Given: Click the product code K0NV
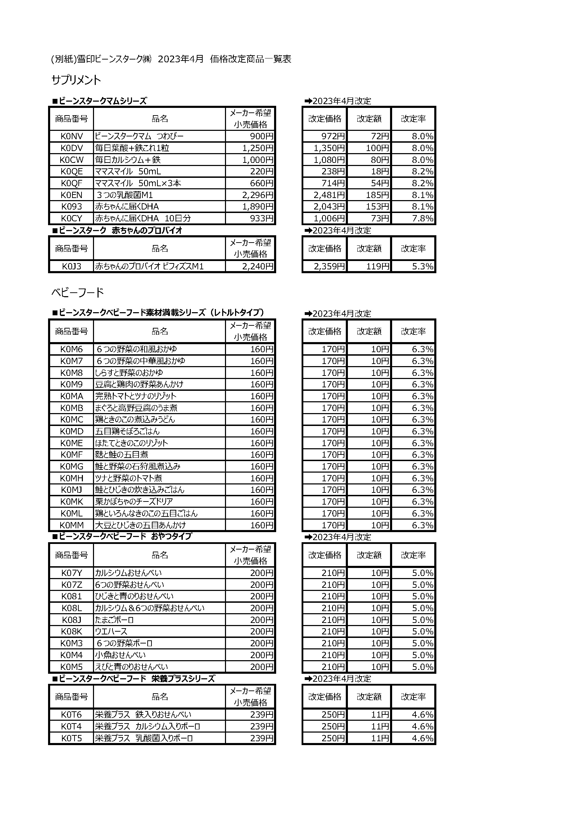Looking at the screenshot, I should coord(71,136).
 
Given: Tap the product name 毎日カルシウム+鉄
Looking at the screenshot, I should coord(128,160).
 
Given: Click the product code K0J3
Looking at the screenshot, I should coord(71,266).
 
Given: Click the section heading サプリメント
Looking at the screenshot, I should coord(76,80).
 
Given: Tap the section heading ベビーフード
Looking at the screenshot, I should coord(78,292).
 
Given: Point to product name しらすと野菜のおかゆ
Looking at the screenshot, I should coord(129,373).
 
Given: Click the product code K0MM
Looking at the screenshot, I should coord(71,525).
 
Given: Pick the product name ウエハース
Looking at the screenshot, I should coord(111,631).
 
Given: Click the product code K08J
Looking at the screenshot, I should coord(71,620).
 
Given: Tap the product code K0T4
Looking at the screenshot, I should coord(71,726).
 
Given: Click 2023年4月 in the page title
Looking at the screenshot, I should coord(180,59).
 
